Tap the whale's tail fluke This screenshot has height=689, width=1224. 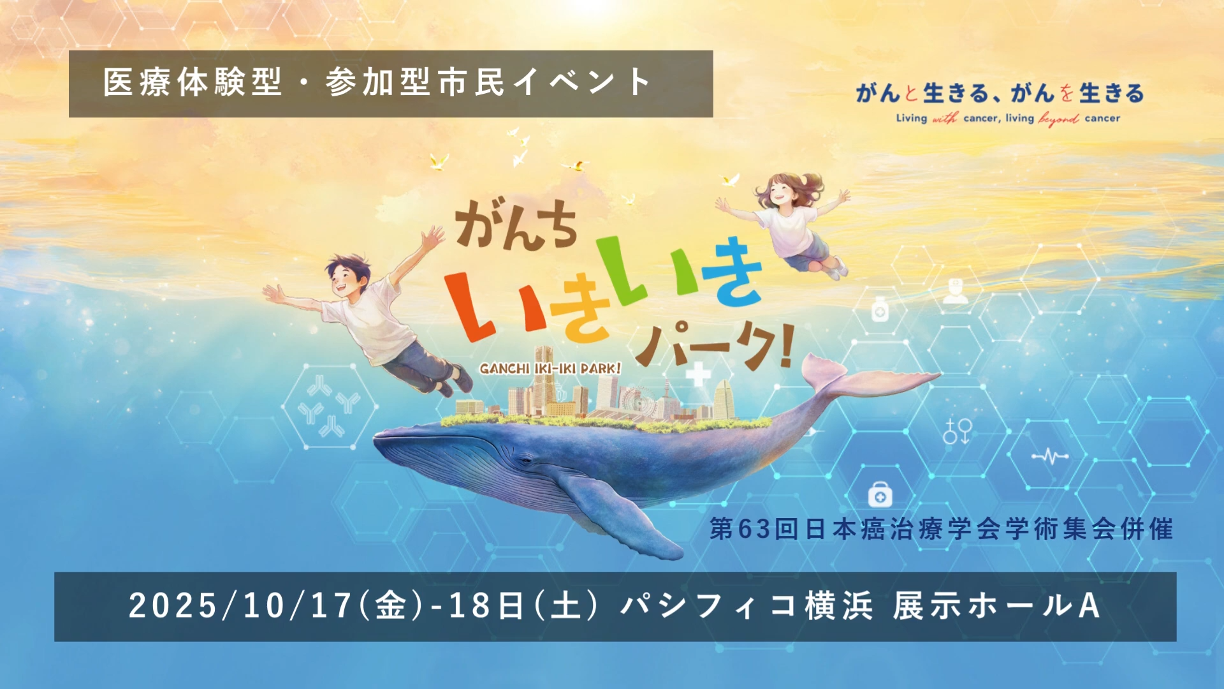pos(867,380)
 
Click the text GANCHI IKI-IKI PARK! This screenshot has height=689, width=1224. pos(550,369)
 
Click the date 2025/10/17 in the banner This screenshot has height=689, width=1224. pos(240,605)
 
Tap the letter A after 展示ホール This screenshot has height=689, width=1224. pos(1089,605)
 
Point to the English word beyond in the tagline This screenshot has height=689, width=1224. pos(1059,119)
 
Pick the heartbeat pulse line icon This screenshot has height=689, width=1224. pos(1050,456)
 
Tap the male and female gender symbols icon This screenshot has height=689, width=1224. pos(957,431)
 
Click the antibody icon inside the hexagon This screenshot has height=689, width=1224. pos(329,406)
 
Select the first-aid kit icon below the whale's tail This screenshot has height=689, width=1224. pos(880,494)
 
